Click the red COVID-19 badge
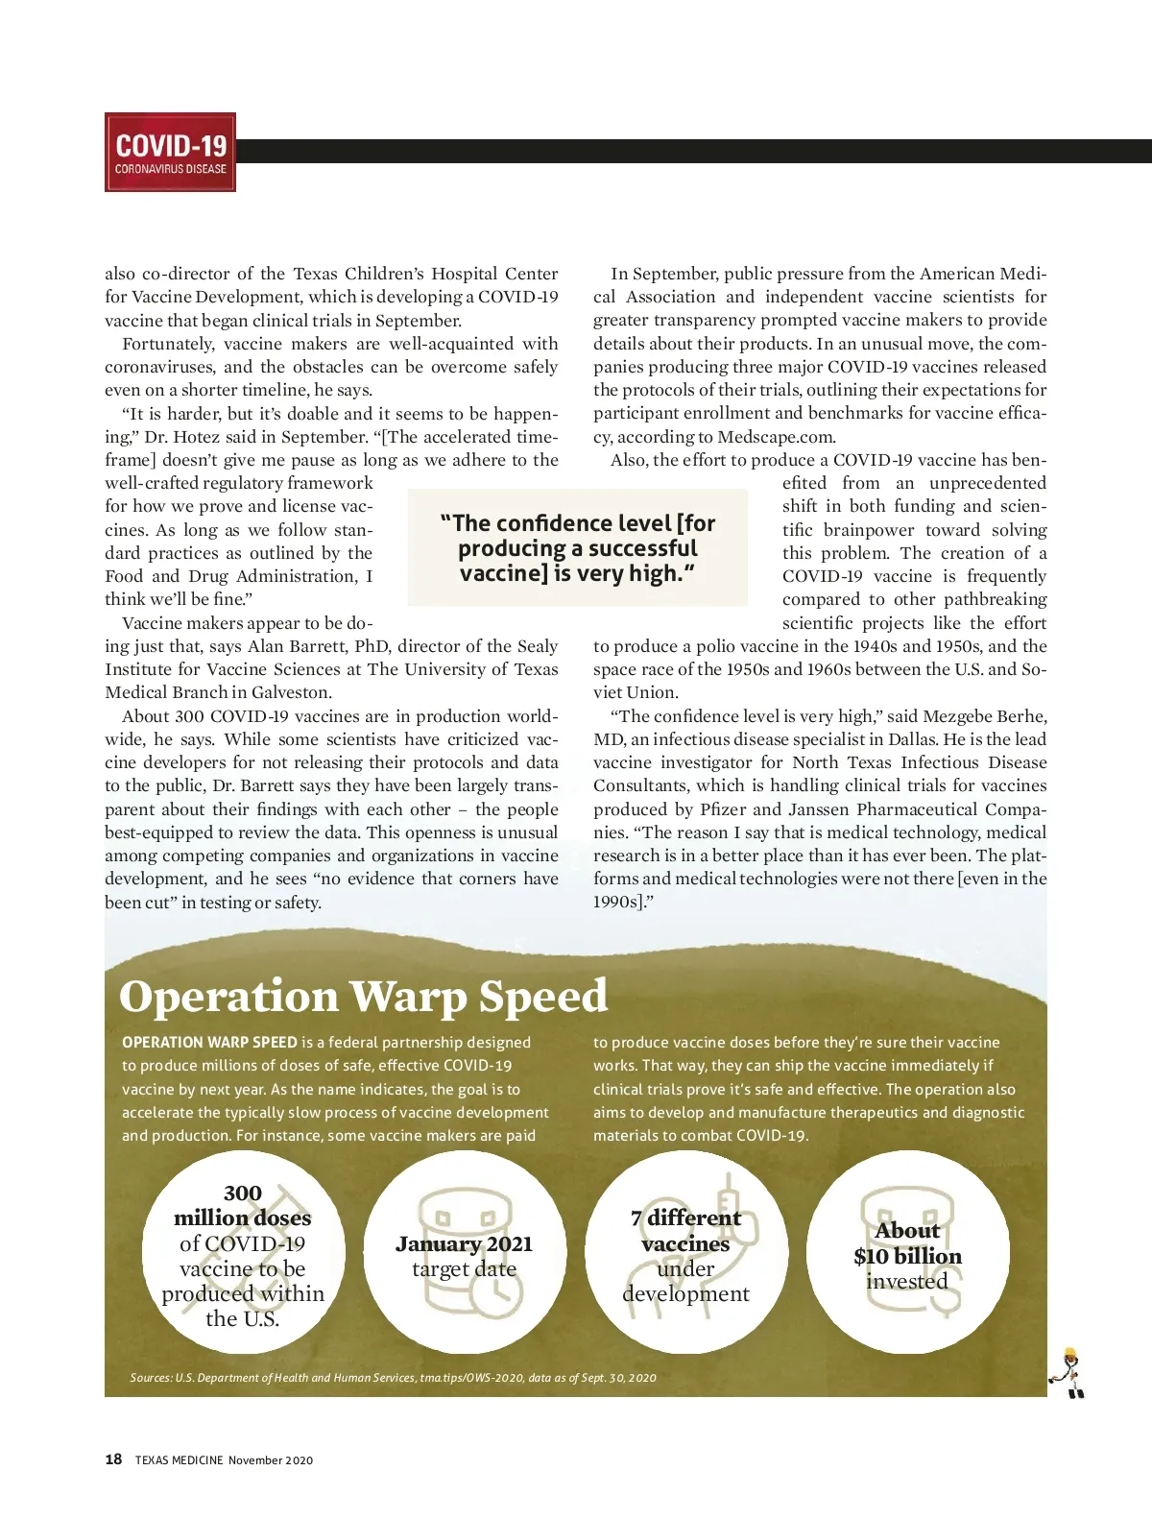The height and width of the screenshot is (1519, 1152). tap(170, 152)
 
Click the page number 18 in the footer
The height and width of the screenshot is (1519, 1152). tap(113, 1459)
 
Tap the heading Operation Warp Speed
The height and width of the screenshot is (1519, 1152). tap(363, 997)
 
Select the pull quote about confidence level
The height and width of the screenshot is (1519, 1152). tap(578, 548)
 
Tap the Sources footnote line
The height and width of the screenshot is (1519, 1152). tap(394, 1378)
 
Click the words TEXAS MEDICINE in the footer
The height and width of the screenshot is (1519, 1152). tap(179, 1460)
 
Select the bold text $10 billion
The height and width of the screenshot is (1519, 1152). tap(907, 1256)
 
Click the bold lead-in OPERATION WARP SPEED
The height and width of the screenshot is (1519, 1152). tap(209, 1043)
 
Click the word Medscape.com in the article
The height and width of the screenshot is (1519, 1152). tap(776, 437)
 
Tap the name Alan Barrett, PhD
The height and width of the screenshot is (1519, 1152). tap(318, 646)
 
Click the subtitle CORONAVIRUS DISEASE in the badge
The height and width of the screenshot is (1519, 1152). tap(170, 169)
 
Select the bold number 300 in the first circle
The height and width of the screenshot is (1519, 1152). tap(243, 1193)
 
